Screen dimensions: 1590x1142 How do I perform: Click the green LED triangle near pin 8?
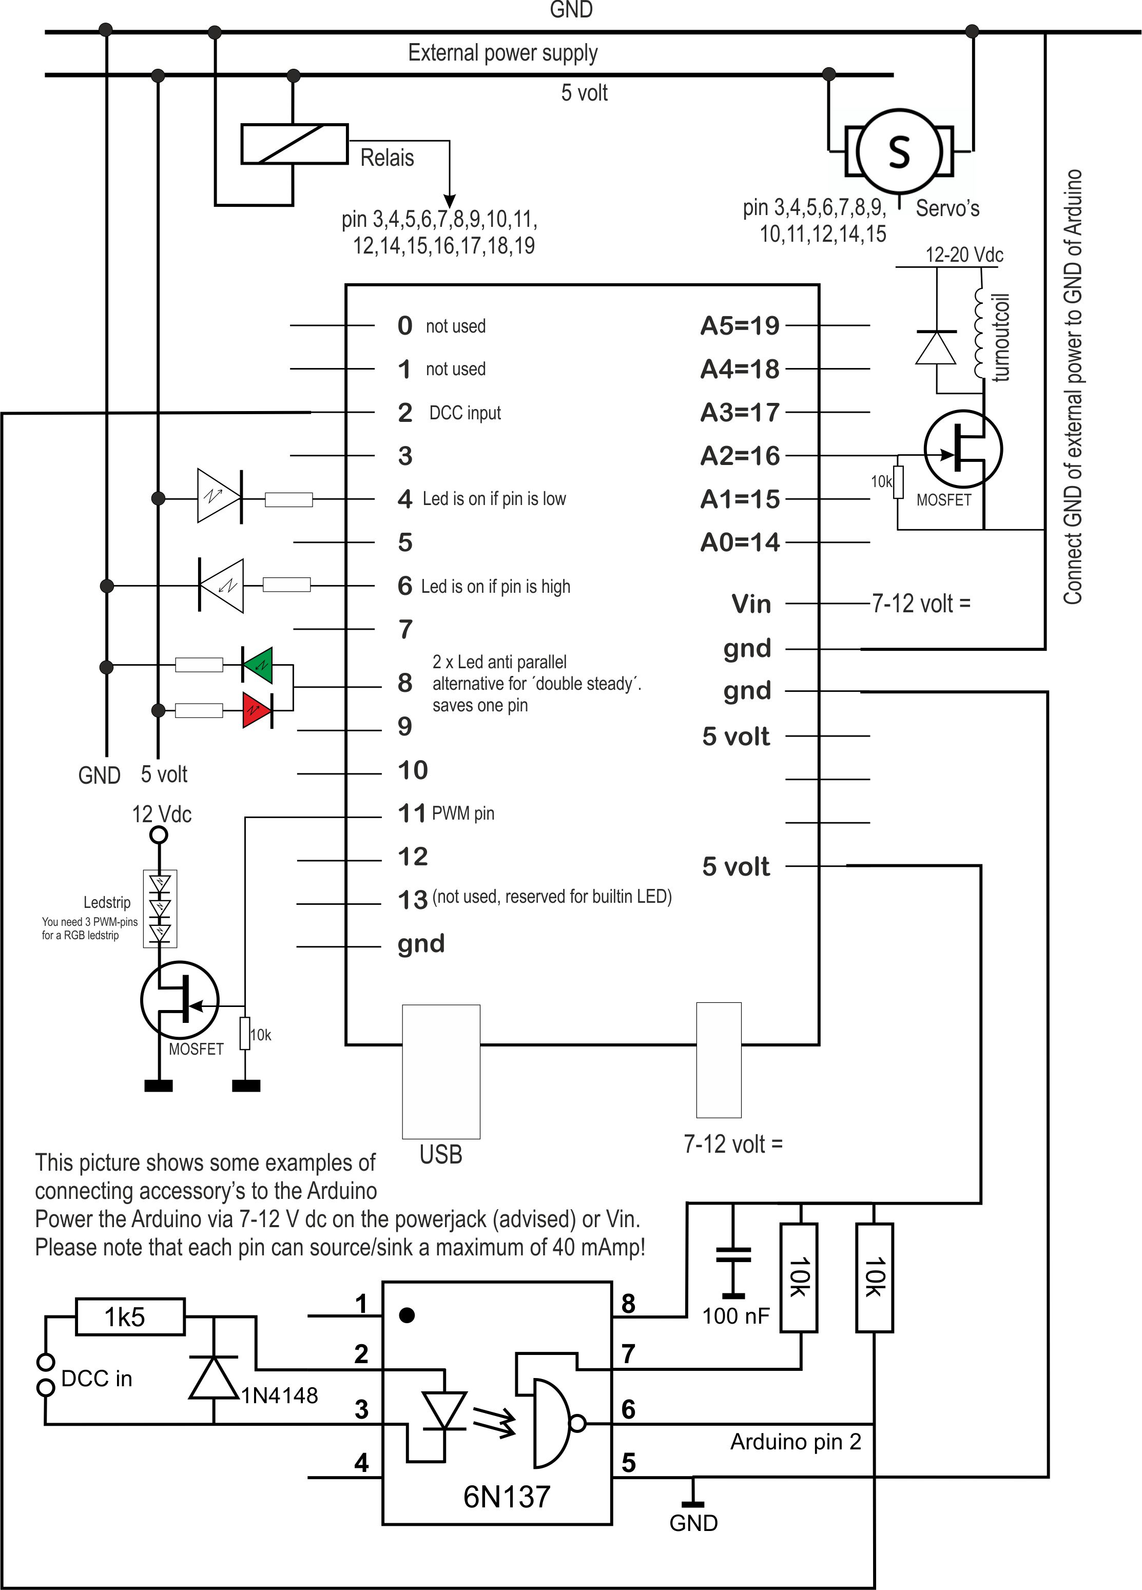coord(259,665)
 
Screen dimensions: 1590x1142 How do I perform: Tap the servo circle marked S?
coord(899,151)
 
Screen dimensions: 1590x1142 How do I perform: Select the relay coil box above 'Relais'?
coord(295,144)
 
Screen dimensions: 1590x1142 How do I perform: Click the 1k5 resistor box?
coord(130,1316)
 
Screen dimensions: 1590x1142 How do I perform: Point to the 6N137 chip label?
coord(506,1497)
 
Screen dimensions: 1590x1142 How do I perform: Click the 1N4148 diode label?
coord(279,1395)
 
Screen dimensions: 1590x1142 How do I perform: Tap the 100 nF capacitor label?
coord(735,1316)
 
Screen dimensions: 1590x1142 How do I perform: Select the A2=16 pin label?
coord(740,456)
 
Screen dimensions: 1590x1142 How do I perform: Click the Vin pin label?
coord(751,604)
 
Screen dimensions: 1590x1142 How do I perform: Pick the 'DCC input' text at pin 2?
coord(465,413)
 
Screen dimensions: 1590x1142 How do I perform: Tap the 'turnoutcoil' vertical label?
coord(1001,337)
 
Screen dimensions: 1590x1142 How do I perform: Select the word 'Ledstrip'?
coord(107,902)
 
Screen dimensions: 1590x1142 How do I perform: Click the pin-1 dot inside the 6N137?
coord(407,1315)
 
